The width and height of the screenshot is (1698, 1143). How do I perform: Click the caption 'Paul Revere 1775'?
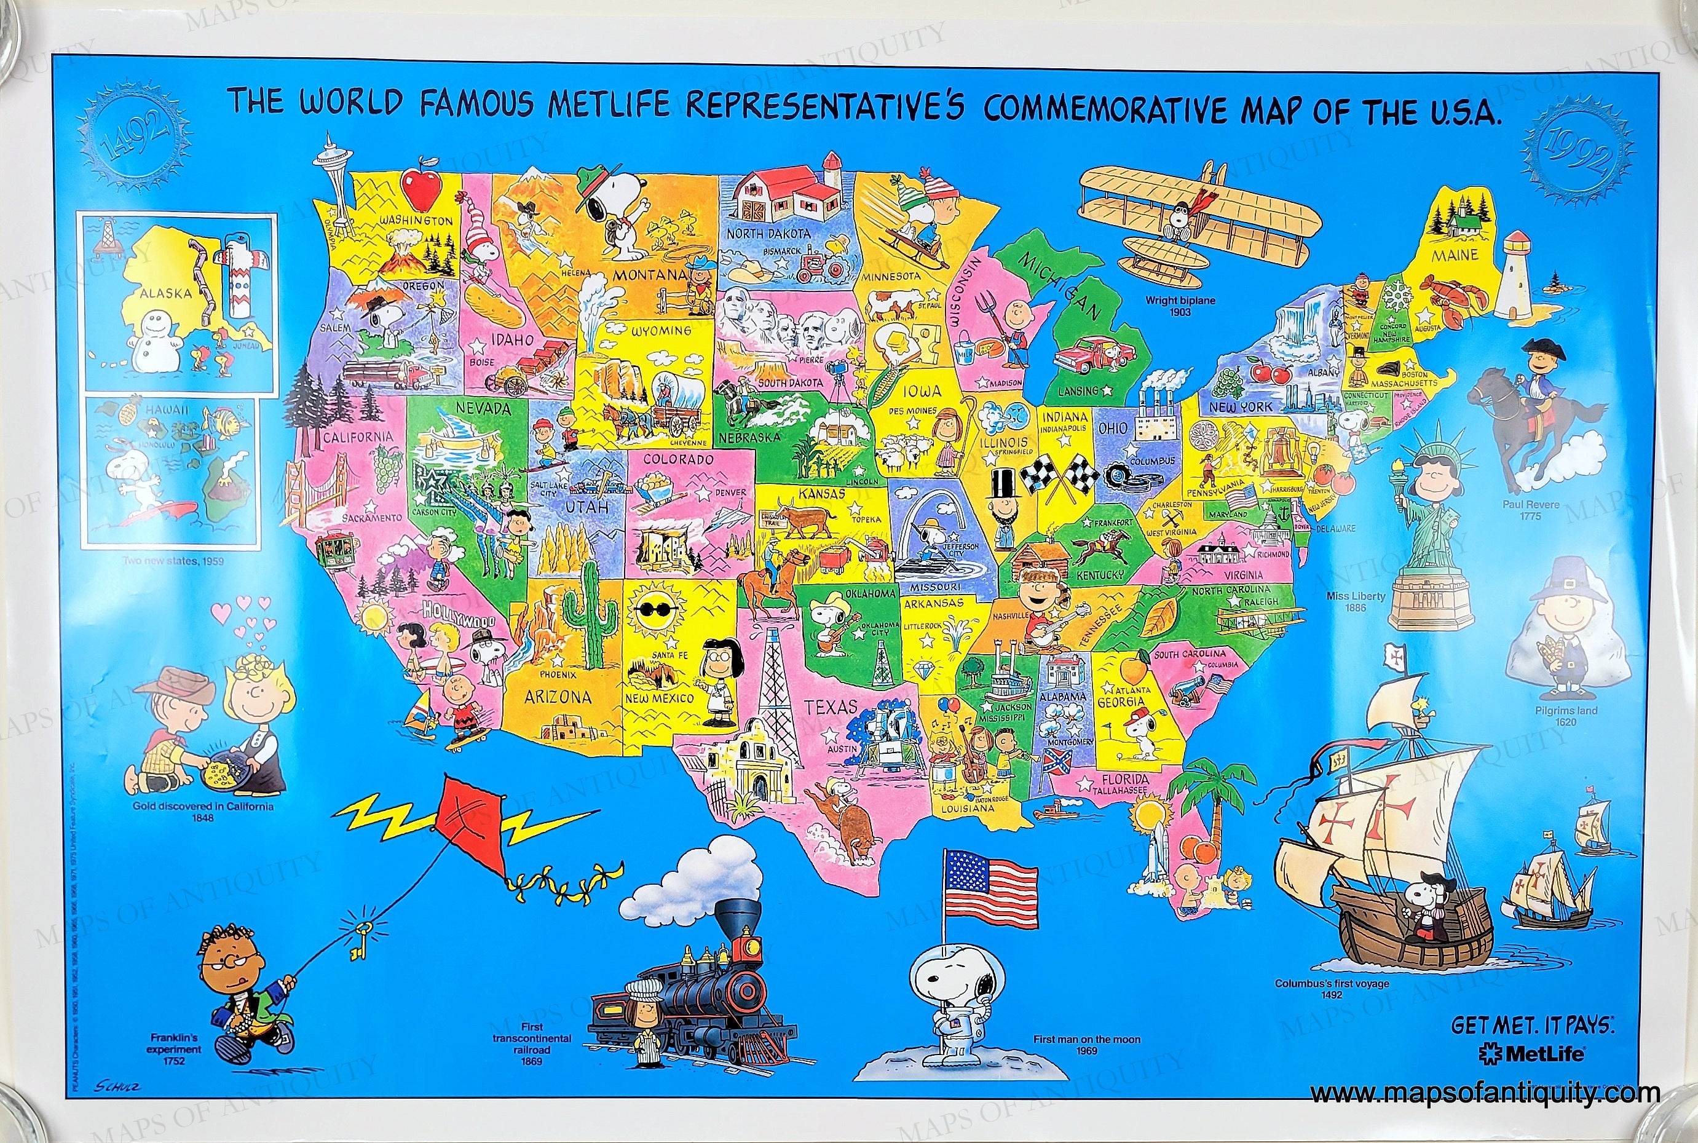tap(1530, 510)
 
